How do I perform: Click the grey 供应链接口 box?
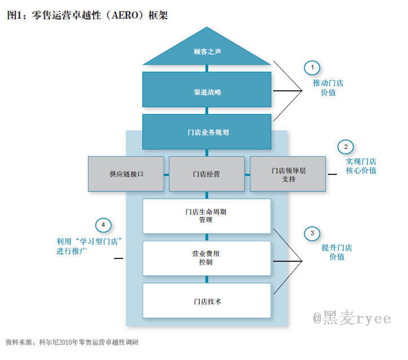(x=126, y=174)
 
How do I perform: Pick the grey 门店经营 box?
(x=207, y=174)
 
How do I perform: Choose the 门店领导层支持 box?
(x=288, y=174)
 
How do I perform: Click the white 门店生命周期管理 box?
(x=207, y=216)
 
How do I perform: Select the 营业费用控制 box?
(x=207, y=258)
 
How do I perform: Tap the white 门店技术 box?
(x=207, y=301)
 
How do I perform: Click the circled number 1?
(x=312, y=68)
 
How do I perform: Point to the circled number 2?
(x=345, y=147)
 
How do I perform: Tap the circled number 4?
(x=103, y=225)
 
